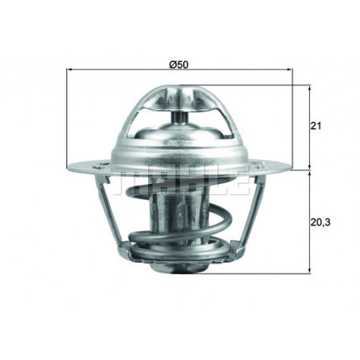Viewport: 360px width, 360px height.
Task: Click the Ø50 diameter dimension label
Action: click(178, 64)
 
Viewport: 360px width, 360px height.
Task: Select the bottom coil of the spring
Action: click(180, 259)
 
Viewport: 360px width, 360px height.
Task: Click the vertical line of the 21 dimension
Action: click(310, 127)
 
